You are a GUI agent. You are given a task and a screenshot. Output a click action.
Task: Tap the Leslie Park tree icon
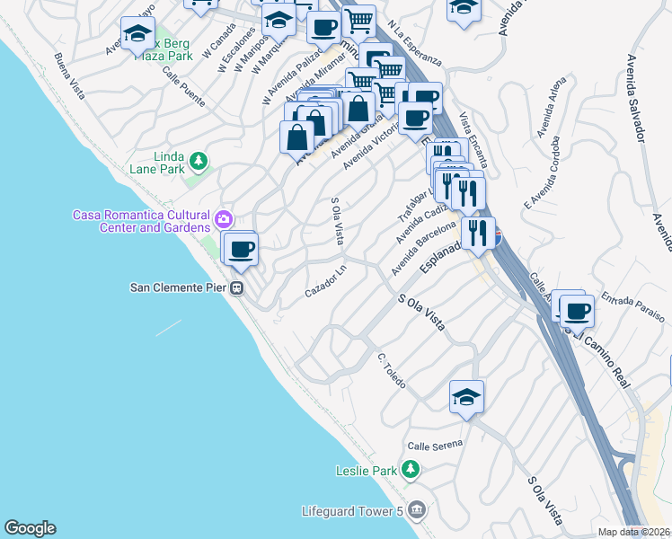click(411, 470)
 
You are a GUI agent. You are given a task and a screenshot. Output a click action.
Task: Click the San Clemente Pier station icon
click(237, 288)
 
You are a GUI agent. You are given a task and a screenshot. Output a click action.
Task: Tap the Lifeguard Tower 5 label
click(351, 511)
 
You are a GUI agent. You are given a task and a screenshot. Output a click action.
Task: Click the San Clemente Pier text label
click(179, 288)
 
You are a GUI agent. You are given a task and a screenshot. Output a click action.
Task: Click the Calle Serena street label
click(435, 445)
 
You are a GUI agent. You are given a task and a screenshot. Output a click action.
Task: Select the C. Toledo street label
click(393, 371)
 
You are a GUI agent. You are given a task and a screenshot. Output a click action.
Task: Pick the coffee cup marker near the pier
click(241, 248)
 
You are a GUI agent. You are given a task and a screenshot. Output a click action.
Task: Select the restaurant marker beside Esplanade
click(478, 232)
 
